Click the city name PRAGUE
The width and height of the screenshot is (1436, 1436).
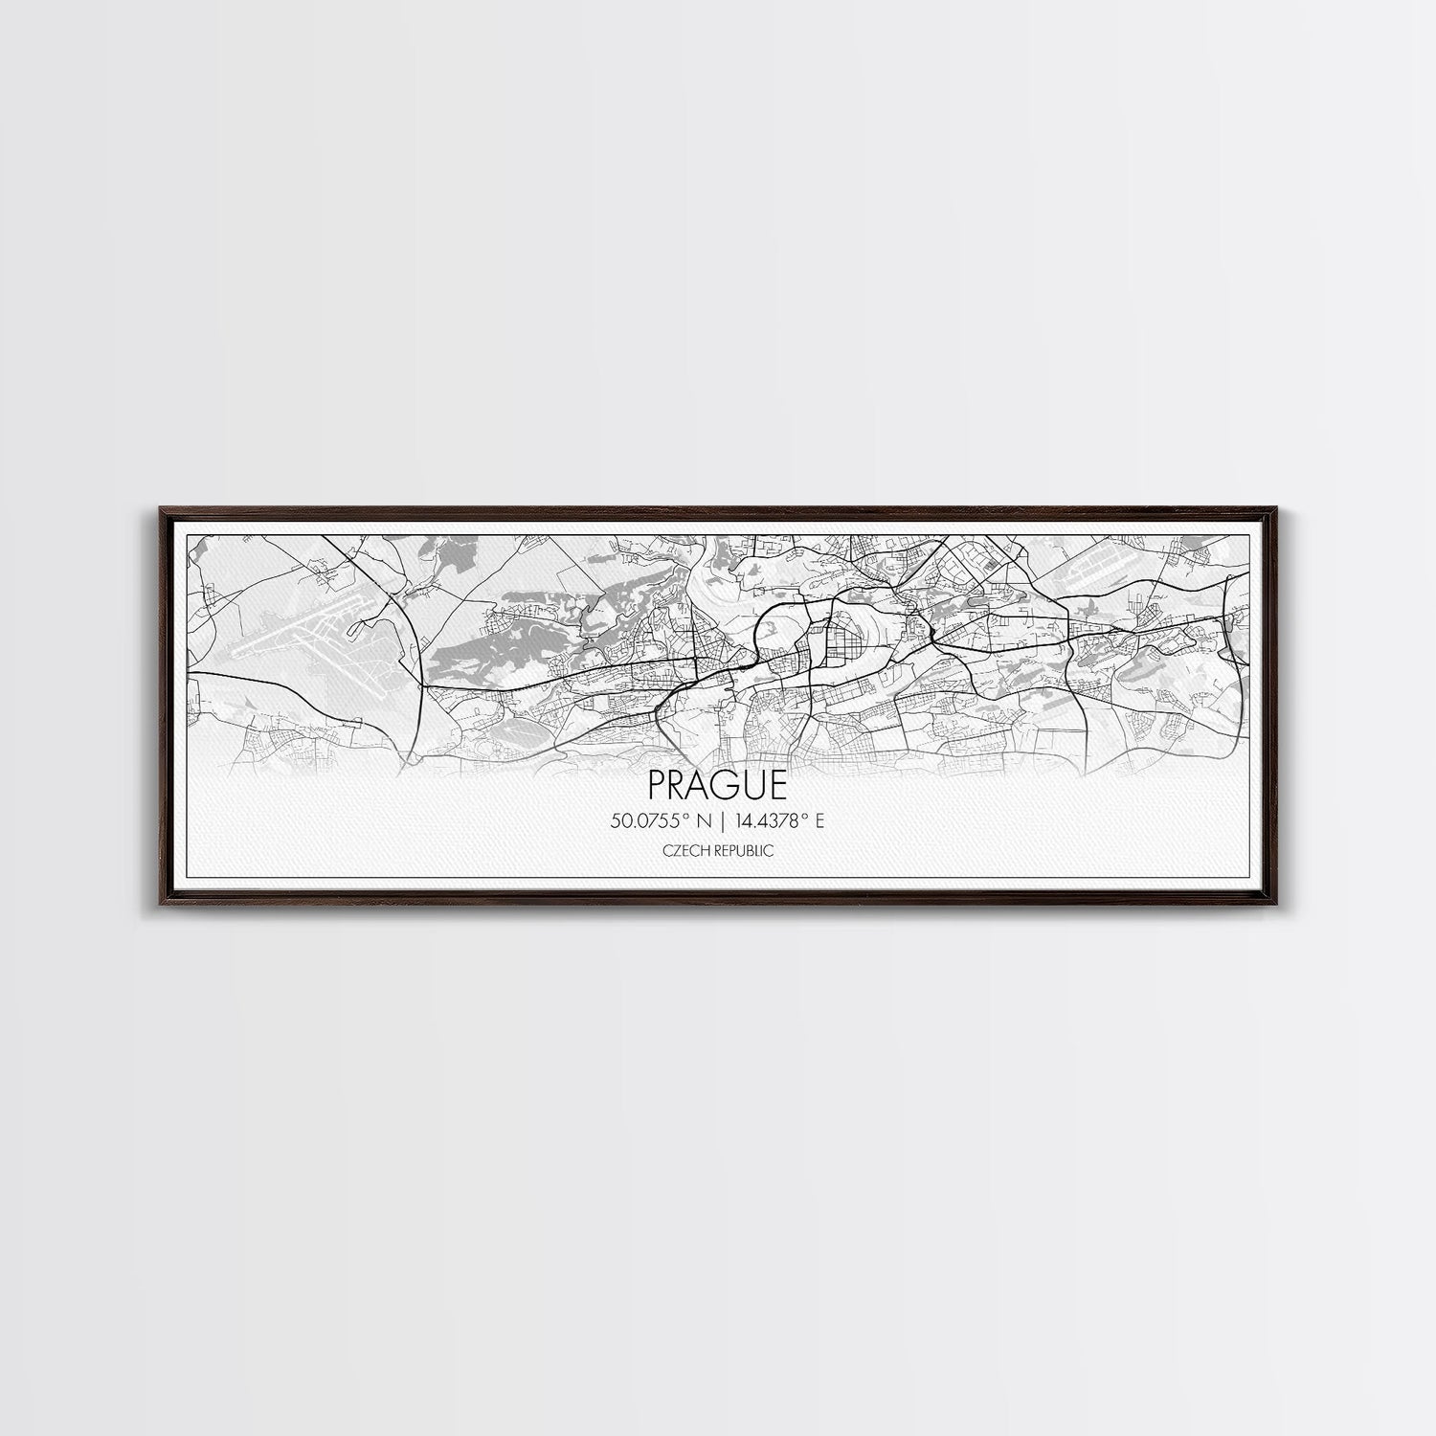(x=717, y=786)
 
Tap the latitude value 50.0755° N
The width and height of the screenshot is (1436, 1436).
(x=660, y=820)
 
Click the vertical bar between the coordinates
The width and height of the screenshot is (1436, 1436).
(x=717, y=820)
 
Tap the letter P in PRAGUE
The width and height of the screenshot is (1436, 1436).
(x=658, y=786)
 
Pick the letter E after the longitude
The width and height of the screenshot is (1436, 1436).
(x=820, y=820)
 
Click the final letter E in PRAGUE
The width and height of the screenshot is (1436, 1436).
(x=778, y=786)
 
